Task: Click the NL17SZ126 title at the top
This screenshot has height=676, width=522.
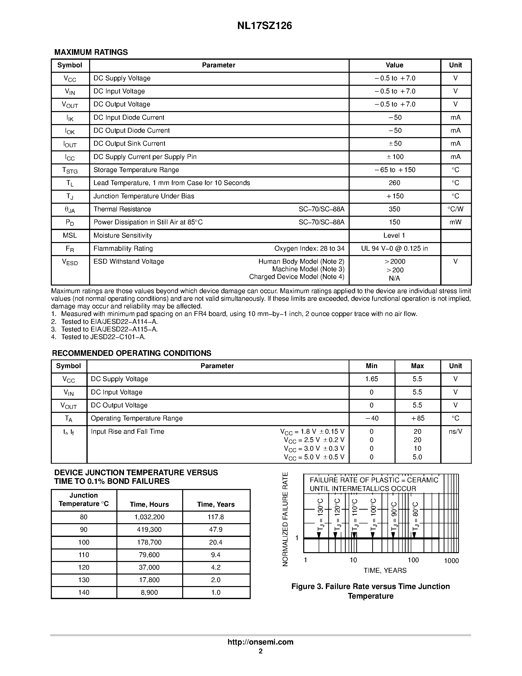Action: coord(264,26)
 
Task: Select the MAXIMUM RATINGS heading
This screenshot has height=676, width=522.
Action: coord(91,52)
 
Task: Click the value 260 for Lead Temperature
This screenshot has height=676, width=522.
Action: coord(394,183)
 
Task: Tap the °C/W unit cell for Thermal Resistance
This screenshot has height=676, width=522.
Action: coord(455,209)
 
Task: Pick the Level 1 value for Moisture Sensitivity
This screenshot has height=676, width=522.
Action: coord(394,236)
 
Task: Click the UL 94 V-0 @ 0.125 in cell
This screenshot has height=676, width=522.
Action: coord(394,248)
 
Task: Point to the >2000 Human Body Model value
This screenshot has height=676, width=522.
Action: coord(395,261)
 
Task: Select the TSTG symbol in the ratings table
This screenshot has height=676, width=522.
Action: coord(70,170)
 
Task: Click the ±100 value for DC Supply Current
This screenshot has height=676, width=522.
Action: coord(395,157)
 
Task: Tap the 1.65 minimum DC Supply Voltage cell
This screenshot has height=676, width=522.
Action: coord(371,379)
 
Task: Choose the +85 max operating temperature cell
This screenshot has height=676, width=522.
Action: coord(417,418)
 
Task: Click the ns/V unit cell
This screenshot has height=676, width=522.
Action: coord(455,431)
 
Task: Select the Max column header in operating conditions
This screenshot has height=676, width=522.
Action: coord(417,366)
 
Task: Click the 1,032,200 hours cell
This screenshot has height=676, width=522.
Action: coord(149,517)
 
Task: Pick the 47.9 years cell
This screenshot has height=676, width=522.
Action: coord(216,530)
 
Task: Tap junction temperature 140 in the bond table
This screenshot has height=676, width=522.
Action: coord(83,592)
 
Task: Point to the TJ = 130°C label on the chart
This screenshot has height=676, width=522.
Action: coord(320,514)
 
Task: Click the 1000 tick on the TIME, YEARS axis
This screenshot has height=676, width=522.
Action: coord(451,561)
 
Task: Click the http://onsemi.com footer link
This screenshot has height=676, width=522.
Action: coord(260,642)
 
